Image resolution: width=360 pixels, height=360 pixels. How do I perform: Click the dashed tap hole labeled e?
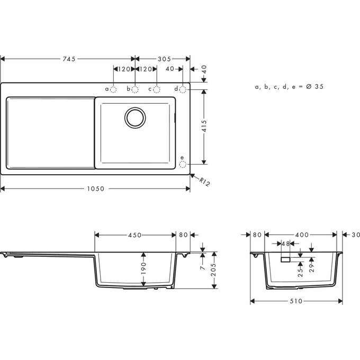183,164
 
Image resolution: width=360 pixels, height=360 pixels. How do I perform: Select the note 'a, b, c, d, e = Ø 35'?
289,86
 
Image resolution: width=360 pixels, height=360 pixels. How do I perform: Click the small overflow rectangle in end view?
285,259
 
